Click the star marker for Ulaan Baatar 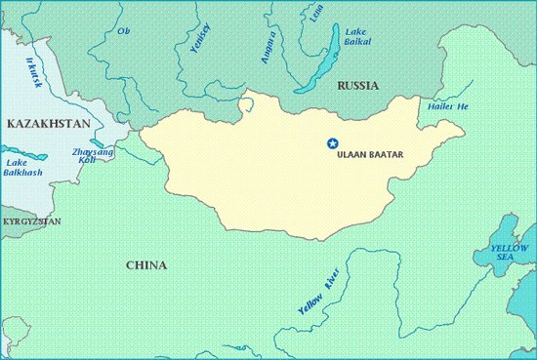331,143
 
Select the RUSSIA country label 356,87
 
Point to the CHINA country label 146,265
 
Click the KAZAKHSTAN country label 48,124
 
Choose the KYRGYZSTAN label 31,222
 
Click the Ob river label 123,31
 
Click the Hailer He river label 449,104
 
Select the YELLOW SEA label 509,254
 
